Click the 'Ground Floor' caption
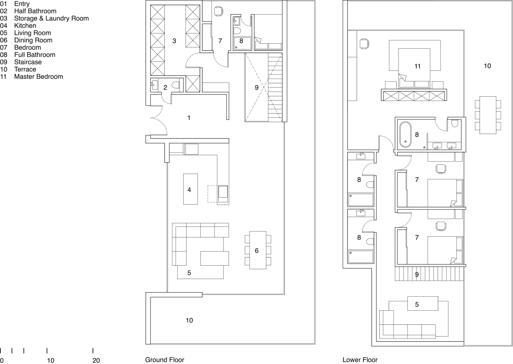tap(165, 360)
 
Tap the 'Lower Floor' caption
tap(360, 360)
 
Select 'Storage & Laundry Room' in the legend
tap(51, 18)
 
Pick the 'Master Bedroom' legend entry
tap(38, 76)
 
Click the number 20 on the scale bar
tap(96, 360)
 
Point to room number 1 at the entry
tap(189, 118)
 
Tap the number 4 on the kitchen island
tap(189, 190)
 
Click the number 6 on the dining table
tap(257, 250)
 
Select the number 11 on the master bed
tap(417, 66)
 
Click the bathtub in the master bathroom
tap(406, 134)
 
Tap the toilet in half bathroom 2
tap(176, 85)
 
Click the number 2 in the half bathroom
tap(165, 87)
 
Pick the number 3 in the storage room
tap(174, 41)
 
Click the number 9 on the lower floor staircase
tap(417, 274)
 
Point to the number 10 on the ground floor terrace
tap(190, 320)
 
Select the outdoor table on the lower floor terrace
tap(488, 115)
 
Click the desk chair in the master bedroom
tap(364, 44)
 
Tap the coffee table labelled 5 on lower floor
tap(423, 303)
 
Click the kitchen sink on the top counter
tap(192, 149)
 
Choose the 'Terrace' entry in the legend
tap(25, 69)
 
